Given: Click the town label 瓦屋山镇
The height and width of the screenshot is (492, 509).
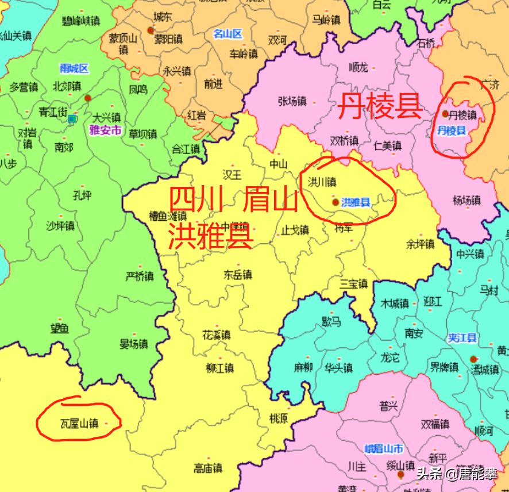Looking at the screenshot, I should pos(79,424).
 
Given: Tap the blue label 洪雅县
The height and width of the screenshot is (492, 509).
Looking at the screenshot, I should pos(356,202).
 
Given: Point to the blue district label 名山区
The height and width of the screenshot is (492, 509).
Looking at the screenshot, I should pos(228,33).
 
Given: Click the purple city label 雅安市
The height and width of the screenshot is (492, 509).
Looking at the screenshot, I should pos(106,130).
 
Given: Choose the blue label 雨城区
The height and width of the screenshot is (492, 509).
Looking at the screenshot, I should pos(74,69).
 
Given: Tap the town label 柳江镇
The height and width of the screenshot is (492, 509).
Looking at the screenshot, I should pos(219,368).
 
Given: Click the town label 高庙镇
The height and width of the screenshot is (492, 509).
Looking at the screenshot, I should pos(208,468).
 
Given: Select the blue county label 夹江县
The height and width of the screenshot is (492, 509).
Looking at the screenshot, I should pos(463,339).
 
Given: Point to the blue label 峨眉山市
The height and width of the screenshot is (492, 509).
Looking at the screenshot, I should pos(384,449).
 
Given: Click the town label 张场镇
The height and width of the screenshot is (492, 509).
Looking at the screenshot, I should pos(292,102).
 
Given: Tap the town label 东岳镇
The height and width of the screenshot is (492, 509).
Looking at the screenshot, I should pos(238,275).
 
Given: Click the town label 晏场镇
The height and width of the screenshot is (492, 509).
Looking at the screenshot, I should pos(133,344).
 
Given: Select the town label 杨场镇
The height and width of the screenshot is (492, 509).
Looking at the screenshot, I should pos(466,201).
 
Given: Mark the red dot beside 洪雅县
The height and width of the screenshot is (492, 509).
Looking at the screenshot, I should pos(335,202).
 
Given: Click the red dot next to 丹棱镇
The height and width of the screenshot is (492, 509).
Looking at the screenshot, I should pos(445,114).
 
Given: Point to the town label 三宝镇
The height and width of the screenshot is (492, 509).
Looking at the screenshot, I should pos(353,284).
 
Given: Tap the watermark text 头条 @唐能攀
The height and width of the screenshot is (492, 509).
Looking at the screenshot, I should pos(457,474).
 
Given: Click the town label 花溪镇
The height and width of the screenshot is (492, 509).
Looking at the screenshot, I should pos(216,335).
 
